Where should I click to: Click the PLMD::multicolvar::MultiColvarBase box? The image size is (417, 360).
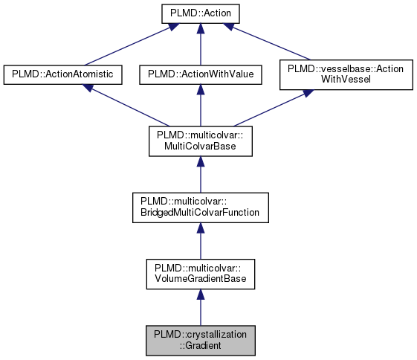[199, 141]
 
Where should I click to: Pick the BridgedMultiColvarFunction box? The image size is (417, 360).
[199, 206]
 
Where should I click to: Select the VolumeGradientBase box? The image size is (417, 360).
[199, 272]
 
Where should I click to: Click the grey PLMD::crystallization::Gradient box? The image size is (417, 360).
[199, 338]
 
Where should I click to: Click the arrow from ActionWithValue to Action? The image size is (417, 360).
[199, 45]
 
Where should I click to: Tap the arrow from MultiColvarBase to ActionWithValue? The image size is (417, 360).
[199, 106]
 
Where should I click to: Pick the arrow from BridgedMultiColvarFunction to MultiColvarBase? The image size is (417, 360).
[199, 174]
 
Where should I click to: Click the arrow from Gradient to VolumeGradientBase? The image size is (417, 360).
[199, 306]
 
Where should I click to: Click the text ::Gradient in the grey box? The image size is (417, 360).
[199, 344]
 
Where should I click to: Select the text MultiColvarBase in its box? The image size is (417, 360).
[199, 147]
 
